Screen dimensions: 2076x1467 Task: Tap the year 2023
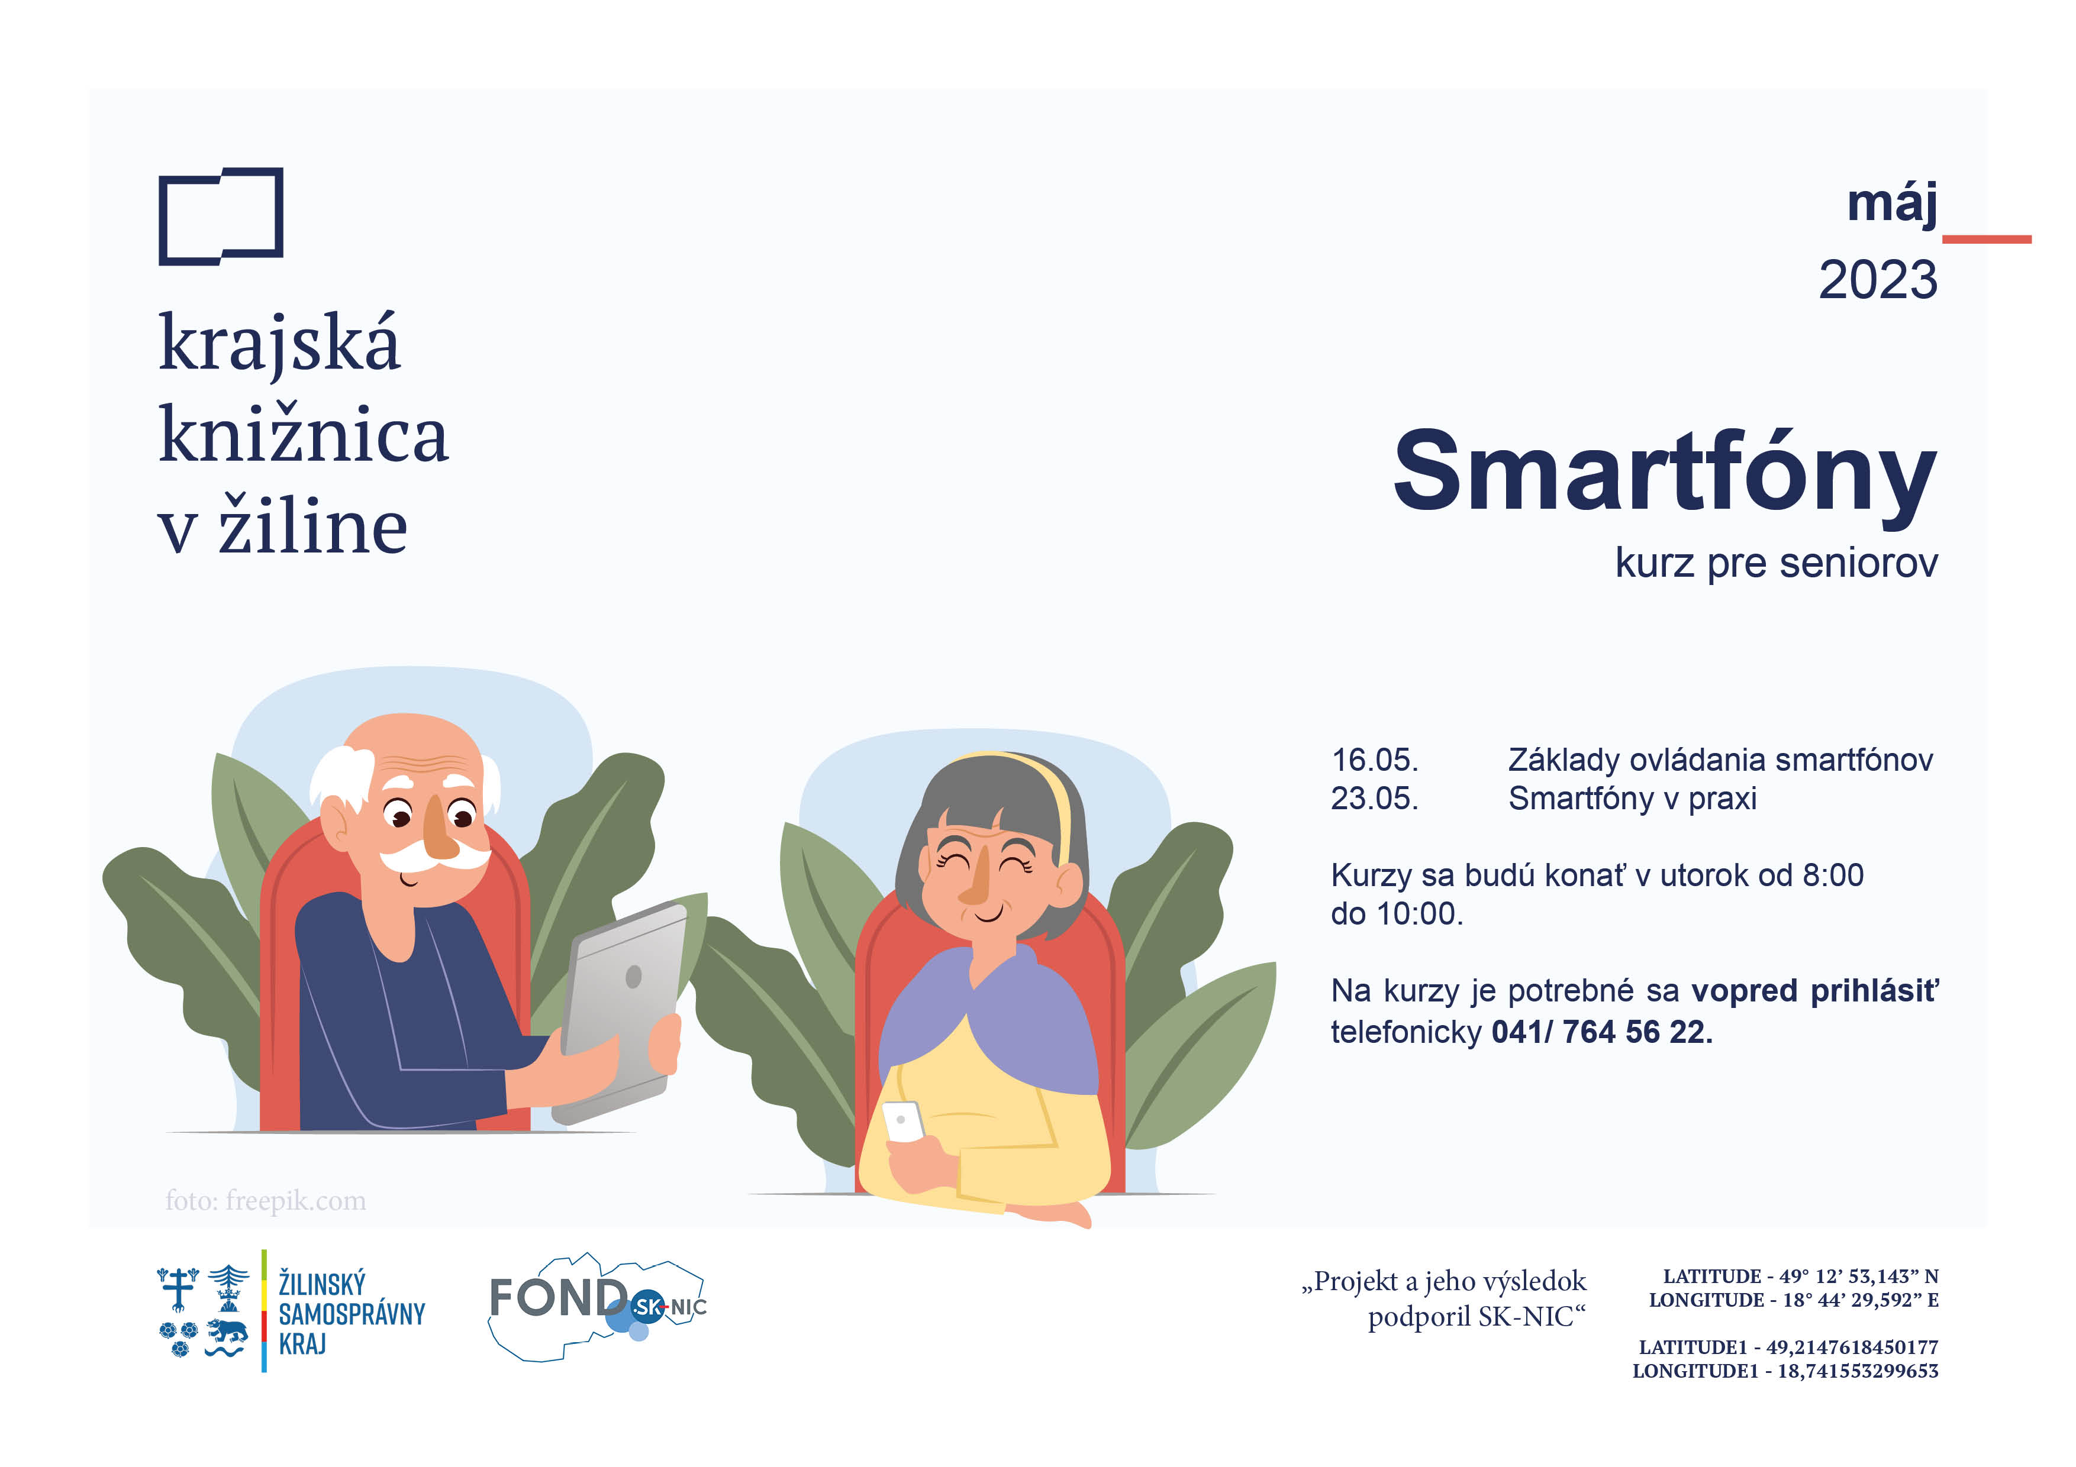tap(1878, 280)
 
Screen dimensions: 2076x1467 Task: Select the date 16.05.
tap(1374, 760)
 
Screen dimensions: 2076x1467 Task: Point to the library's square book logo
tap(221, 216)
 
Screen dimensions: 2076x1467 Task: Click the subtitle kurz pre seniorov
tap(1777, 563)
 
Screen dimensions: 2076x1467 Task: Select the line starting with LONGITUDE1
tap(1785, 1371)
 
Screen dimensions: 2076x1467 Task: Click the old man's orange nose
tap(440, 829)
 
